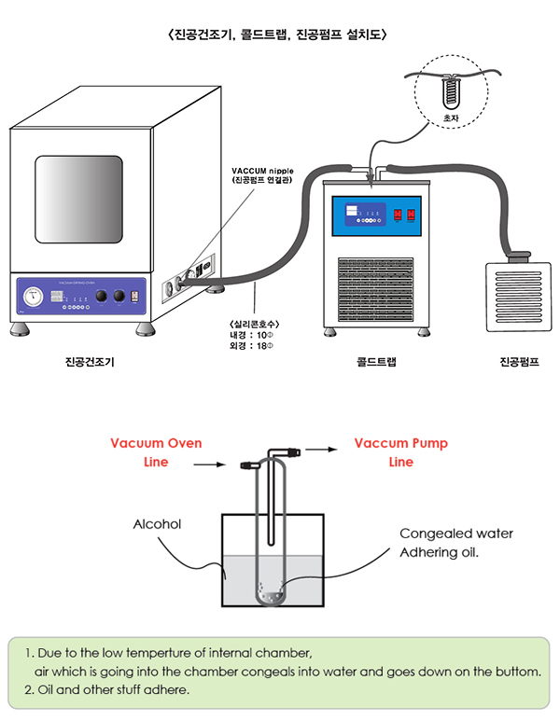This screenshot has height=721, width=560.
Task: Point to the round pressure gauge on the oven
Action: (x=33, y=298)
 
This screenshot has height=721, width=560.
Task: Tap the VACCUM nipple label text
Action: (x=262, y=173)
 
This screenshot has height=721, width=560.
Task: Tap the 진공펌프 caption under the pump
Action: (x=520, y=362)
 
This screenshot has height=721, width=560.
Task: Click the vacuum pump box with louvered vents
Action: (x=516, y=298)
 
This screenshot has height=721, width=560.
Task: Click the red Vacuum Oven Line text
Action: (x=156, y=451)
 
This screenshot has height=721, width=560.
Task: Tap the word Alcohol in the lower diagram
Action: (x=156, y=524)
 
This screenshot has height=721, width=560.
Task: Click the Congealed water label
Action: (x=455, y=534)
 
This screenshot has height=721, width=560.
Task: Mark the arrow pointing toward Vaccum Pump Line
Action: (x=320, y=448)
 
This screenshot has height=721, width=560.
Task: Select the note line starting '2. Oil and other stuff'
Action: (x=115, y=690)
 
